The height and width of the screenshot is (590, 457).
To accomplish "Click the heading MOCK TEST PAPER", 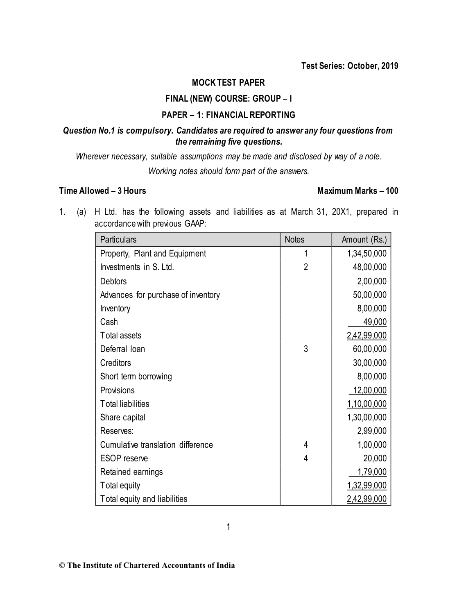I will [x=228, y=83].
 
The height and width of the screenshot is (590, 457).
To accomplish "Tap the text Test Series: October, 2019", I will [x=350, y=66].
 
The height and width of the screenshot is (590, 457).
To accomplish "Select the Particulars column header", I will [x=118, y=240].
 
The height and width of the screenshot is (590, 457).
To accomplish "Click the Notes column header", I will [x=294, y=240].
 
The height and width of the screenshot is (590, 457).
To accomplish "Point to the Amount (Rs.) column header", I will [x=364, y=240].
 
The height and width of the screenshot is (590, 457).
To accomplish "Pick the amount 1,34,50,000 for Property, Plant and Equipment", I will [x=367, y=254].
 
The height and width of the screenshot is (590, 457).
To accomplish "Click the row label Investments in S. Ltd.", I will [x=137, y=267].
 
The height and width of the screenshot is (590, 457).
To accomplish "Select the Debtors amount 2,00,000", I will [x=371, y=281].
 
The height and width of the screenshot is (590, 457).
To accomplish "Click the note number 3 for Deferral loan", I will [x=305, y=349].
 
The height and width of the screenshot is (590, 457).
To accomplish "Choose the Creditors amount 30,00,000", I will [x=369, y=363].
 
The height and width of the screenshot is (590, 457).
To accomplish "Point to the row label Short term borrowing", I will [x=136, y=377].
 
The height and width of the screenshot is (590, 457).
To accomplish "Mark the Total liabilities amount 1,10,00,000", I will [x=367, y=404].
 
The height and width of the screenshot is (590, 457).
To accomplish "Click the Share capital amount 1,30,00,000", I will [x=367, y=418].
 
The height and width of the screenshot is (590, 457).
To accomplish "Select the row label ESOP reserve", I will [x=124, y=458].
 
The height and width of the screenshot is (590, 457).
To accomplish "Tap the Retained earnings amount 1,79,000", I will [x=372, y=472].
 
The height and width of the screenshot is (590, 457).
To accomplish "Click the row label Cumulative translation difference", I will [x=156, y=445].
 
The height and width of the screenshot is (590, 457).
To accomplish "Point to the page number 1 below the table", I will [x=228, y=527].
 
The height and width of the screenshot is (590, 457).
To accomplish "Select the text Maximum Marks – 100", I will [x=357, y=191].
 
